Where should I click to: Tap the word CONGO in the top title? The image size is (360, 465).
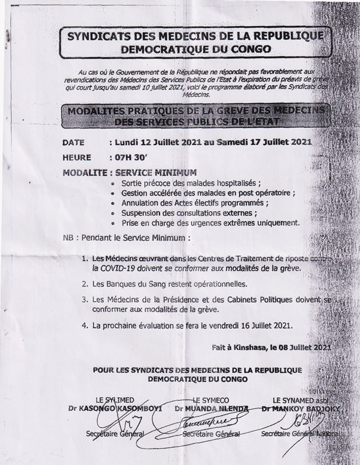[249, 49]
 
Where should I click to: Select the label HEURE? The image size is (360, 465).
[77, 158]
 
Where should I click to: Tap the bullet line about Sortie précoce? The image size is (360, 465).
[190, 183]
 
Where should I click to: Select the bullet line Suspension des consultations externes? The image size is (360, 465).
[189, 212]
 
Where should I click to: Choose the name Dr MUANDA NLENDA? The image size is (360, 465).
[212, 409]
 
